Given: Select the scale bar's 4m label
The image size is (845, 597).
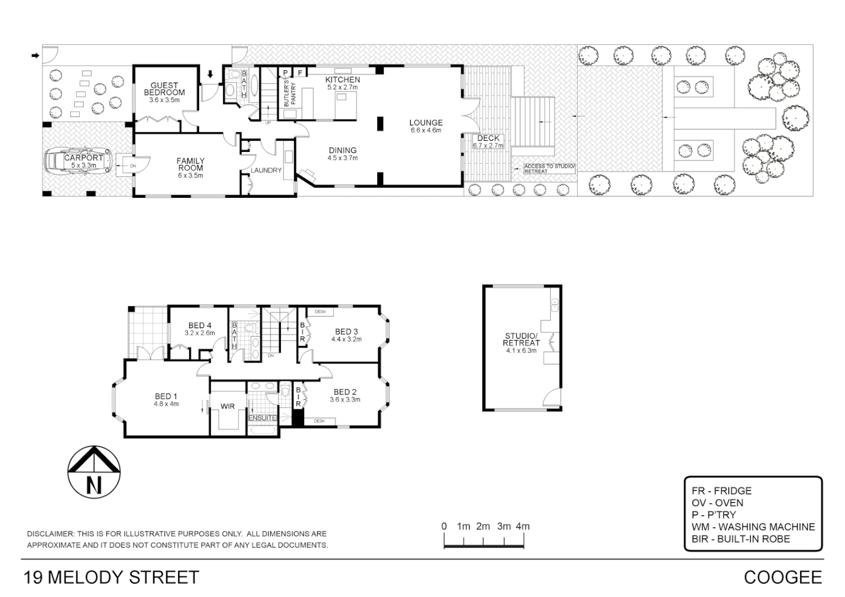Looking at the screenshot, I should coord(522,526).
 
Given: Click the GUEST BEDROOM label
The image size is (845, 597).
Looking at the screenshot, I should coord(164,89).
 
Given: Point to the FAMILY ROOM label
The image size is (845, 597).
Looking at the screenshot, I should coord(190,165).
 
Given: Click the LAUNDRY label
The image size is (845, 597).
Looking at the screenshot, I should coord(266,170).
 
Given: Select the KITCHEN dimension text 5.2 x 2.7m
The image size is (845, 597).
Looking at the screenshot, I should coord(342,87).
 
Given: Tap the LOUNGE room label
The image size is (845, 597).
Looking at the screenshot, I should coord(425,123).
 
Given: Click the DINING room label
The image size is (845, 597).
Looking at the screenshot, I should coord(342,150).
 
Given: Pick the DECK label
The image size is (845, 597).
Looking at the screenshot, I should coord(488,138).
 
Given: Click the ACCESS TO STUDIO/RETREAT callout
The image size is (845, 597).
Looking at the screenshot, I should coord(549,169).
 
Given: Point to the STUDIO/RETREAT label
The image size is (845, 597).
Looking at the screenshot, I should coord(521,339).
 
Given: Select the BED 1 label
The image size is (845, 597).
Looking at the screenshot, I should coord(166,396).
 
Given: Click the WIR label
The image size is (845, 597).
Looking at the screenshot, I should coord(227,406).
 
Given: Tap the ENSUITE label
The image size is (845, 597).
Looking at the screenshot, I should coord(262,418).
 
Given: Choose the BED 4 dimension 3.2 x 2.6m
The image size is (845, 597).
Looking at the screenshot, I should coord(200,333).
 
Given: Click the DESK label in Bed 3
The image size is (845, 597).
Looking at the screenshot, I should coord(320,312).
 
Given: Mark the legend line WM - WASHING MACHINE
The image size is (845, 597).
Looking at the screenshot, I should coord(753,527).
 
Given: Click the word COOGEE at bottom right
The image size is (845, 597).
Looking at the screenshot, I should coord(783,577).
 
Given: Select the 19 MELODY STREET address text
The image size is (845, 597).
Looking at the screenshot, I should coord(111,577).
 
